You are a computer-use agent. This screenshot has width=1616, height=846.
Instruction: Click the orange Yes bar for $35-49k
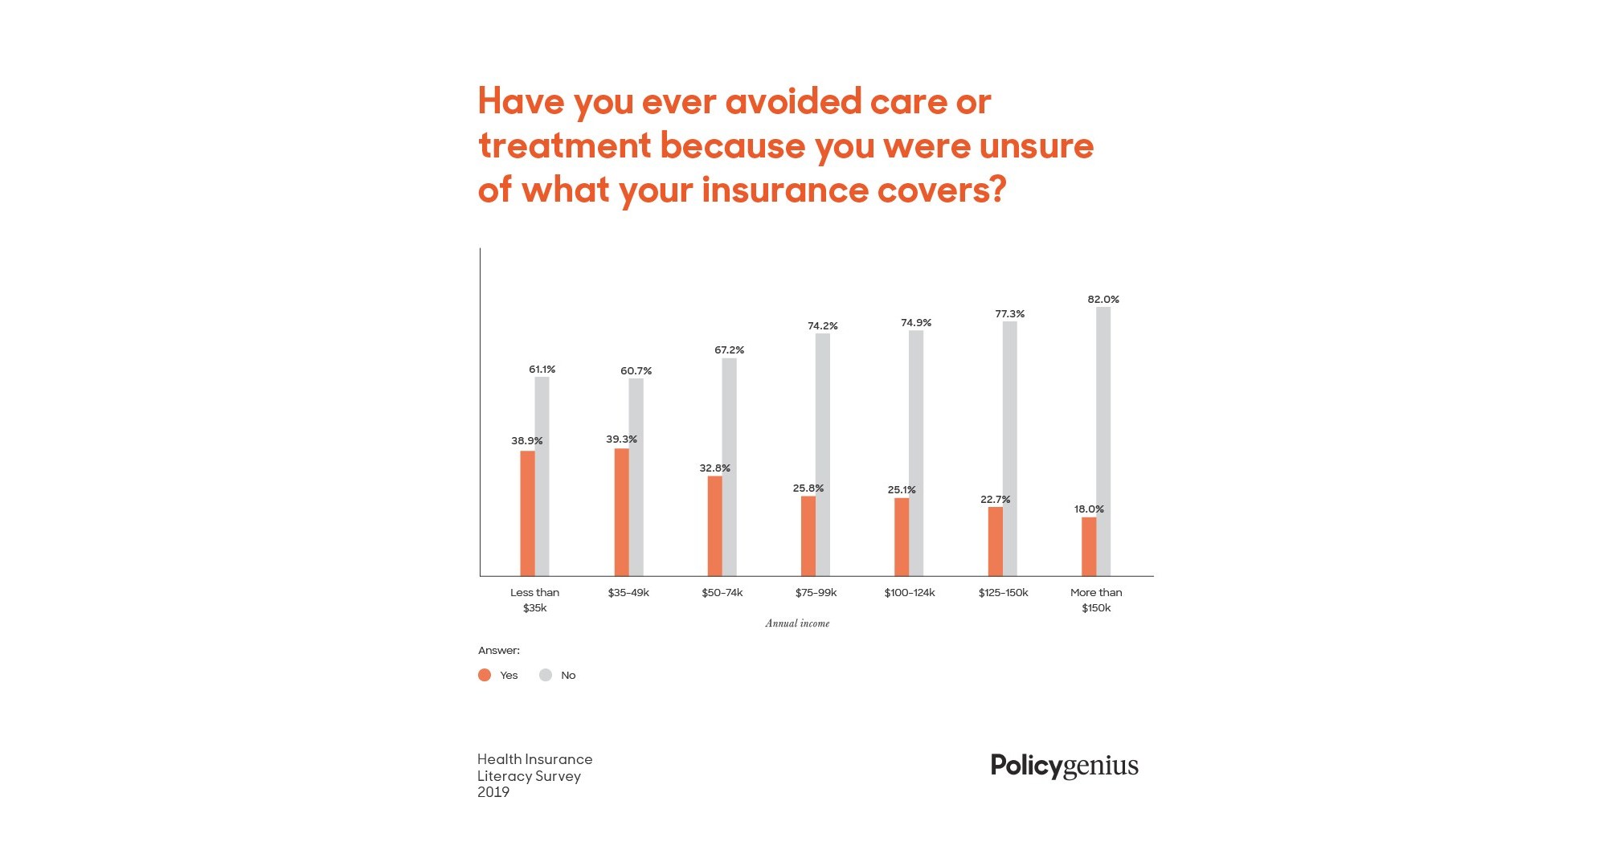click(621, 512)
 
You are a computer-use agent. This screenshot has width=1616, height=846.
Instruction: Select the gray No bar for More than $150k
click(1103, 441)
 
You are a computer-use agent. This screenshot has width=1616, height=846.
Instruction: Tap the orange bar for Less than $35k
click(527, 513)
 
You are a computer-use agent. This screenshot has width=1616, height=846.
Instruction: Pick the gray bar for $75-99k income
click(823, 454)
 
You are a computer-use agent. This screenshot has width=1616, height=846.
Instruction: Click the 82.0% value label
click(1103, 300)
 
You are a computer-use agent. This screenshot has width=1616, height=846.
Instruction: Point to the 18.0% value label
click(1089, 509)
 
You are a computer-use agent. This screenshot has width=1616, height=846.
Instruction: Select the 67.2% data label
click(729, 350)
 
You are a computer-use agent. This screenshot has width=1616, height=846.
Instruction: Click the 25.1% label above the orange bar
click(902, 490)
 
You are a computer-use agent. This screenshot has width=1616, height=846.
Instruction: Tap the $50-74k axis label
click(722, 593)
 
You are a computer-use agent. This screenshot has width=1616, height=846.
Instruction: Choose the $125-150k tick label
click(1003, 593)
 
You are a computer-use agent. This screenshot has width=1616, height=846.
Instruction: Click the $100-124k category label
click(910, 593)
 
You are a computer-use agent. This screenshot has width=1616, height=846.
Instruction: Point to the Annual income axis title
click(797, 623)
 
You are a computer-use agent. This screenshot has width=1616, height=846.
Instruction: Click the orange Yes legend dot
click(485, 675)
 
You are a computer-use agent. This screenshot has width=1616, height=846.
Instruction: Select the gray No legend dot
click(546, 675)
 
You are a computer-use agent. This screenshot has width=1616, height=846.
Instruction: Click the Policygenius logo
click(1064, 766)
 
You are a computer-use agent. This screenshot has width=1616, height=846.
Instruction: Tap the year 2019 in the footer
click(493, 792)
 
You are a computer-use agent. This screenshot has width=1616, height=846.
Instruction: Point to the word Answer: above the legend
click(499, 651)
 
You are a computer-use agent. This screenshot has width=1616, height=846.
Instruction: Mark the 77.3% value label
click(1009, 314)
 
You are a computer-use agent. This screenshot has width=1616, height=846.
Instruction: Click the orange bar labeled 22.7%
click(995, 542)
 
